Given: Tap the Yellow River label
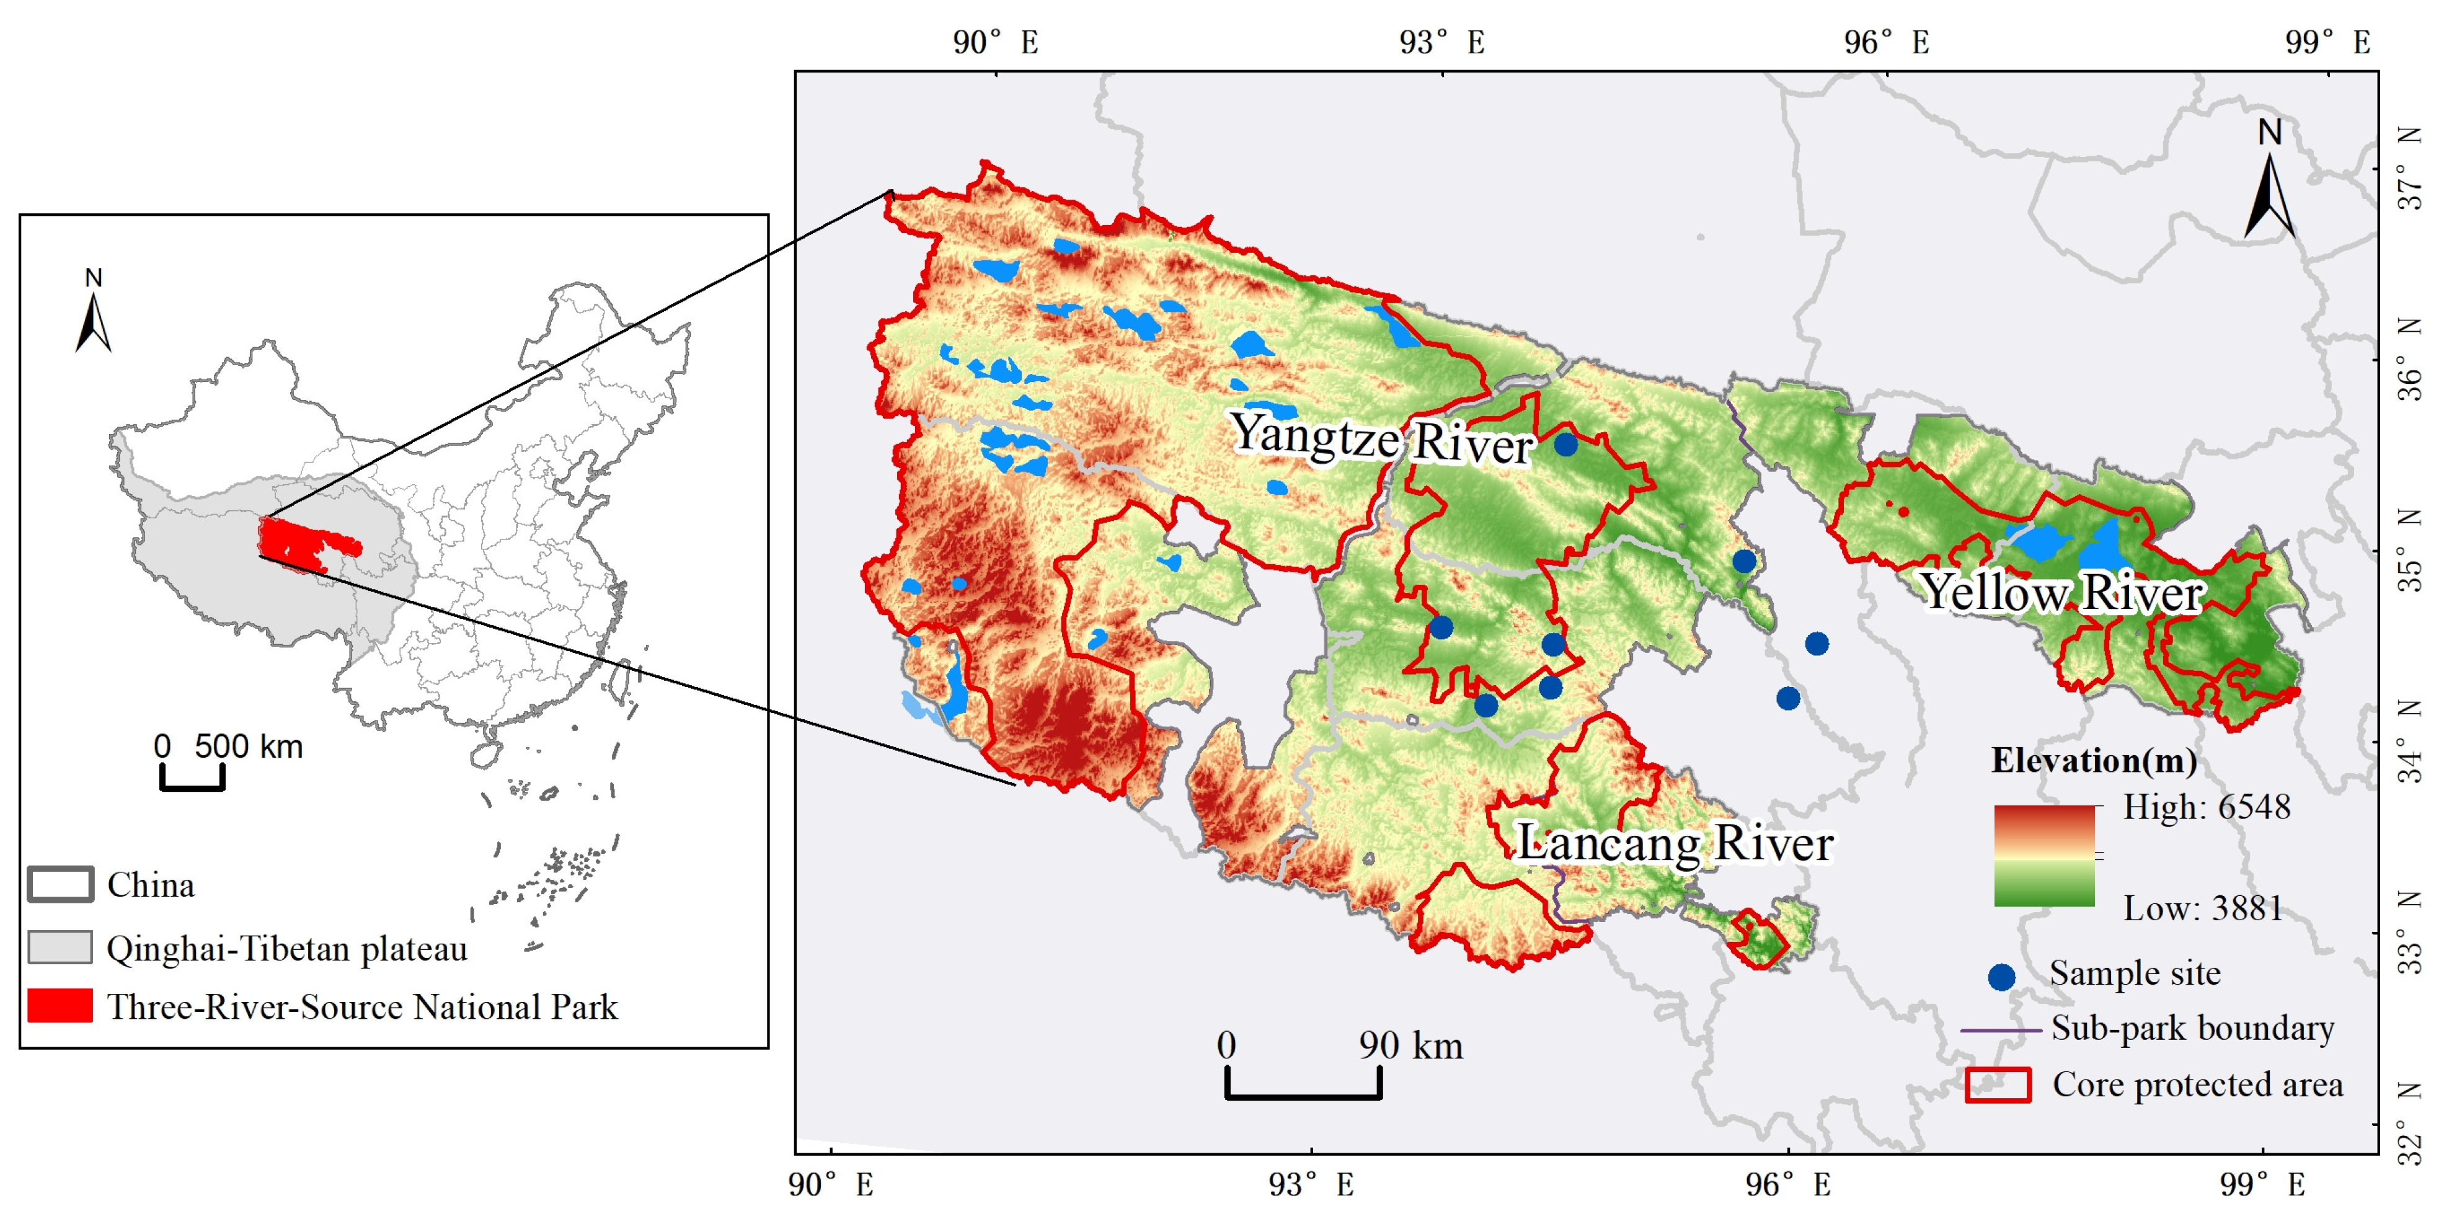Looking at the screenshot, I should click(2061, 593).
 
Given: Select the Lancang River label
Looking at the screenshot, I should click(1675, 843).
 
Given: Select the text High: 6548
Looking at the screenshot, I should click(2206, 807).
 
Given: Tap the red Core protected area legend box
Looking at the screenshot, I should click(1997, 1084).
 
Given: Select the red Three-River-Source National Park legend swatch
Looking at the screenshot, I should click(60, 1006).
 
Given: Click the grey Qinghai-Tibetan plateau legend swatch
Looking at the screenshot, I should click(60, 947).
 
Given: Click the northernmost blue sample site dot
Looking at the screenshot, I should click(1565, 444).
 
